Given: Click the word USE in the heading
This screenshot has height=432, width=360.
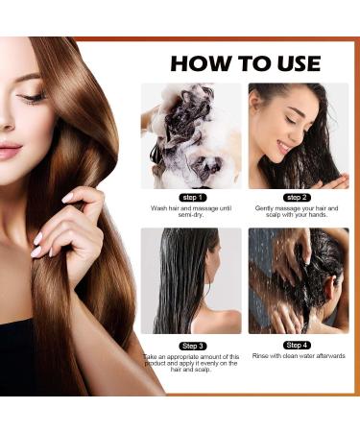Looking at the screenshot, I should [x=292, y=63].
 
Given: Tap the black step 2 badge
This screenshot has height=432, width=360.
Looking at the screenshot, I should [x=298, y=196].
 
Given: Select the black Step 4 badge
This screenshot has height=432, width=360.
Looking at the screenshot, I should [x=298, y=344].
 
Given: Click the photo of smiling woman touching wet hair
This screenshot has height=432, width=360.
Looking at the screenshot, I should [x=299, y=135].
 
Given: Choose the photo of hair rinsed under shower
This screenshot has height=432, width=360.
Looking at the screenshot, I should [x=299, y=280].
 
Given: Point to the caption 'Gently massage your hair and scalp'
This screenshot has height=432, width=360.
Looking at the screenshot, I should [x=299, y=211].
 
